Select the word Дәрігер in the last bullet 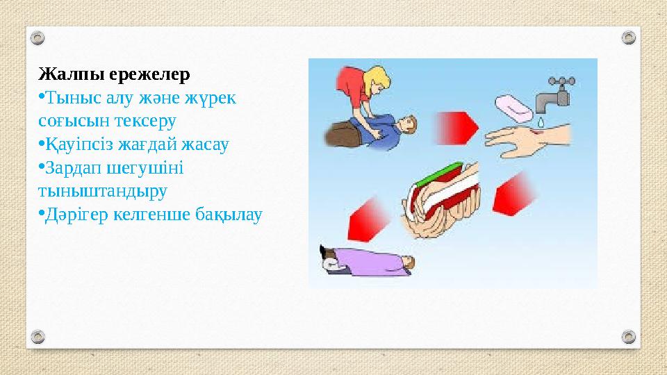(76, 215)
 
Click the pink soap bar (514, 106)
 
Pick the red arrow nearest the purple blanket (365, 216)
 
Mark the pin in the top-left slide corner (39, 37)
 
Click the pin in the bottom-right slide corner (628, 336)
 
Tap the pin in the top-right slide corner (628, 37)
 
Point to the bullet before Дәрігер (42, 213)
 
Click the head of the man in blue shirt (409, 126)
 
